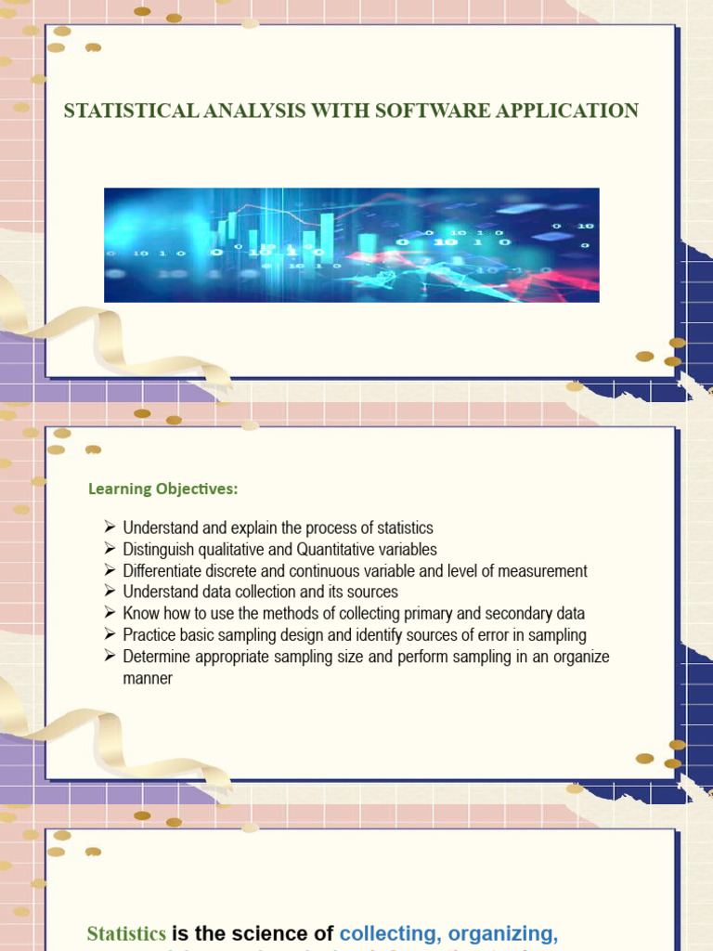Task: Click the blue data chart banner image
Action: point(351,244)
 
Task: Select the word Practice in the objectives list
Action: point(150,635)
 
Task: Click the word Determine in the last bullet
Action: point(156,657)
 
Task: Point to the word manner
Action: point(148,678)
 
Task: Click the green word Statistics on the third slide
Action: point(126,933)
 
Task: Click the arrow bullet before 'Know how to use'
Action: point(109,613)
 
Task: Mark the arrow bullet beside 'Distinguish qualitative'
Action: point(109,549)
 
